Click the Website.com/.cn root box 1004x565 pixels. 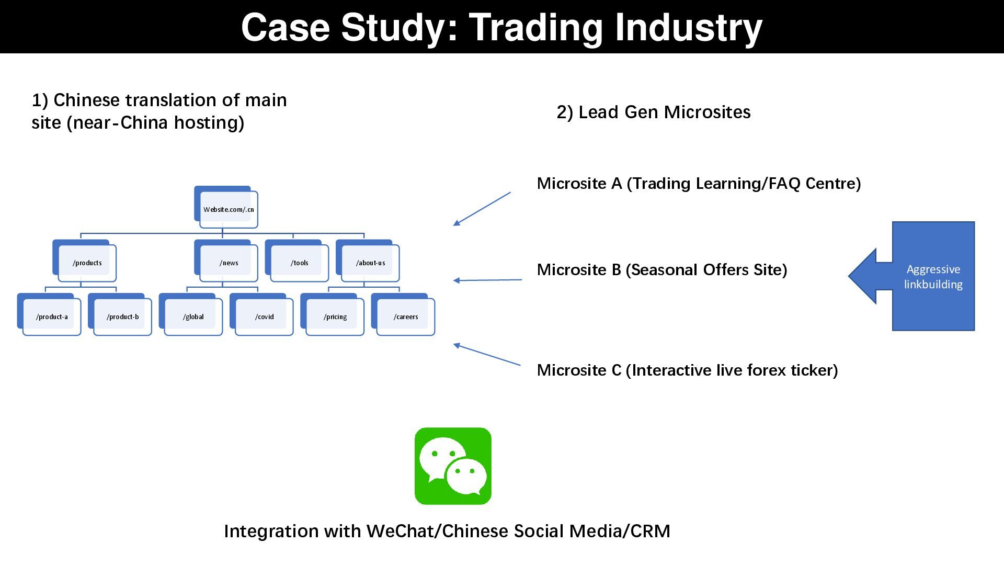pyautogui.click(x=229, y=209)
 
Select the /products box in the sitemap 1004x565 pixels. pyautogui.click(x=87, y=263)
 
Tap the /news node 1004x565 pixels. pyautogui.click(x=229, y=263)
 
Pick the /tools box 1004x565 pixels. pyautogui.click(x=299, y=263)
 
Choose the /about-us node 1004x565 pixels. pyautogui.click(x=370, y=263)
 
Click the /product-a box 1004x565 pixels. pyautogui.click(x=52, y=317)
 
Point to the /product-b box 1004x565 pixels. pyautogui.click(x=122, y=317)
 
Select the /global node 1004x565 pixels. pyautogui.click(x=193, y=317)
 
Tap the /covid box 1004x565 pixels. pyautogui.click(x=264, y=317)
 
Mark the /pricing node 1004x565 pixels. pyautogui.click(x=335, y=317)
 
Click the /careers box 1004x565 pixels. pyautogui.click(x=406, y=317)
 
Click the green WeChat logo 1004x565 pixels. pyautogui.click(x=453, y=466)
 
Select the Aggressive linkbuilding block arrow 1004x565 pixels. pyautogui.click(x=920, y=276)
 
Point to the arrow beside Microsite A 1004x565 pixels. pyautogui.click(x=482, y=209)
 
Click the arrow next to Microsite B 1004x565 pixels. pyautogui.click(x=487, y=280)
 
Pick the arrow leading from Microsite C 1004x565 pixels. pyautogui.click(x=486, y=354)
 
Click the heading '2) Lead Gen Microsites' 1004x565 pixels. pyautogui.click(x=653, y=112)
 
